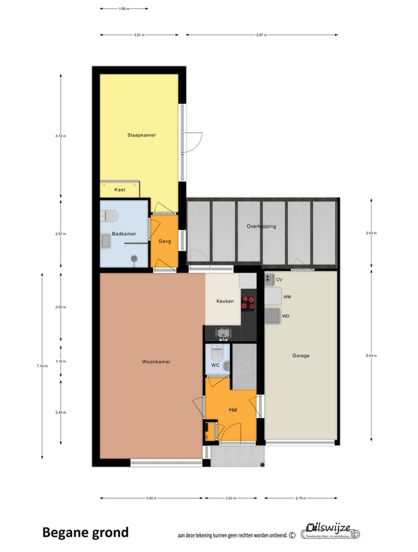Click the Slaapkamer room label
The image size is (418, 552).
(142, 135)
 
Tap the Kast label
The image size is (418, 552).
(120, 190)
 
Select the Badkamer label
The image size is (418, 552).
(124, 234)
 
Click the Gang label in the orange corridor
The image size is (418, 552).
(164, 241)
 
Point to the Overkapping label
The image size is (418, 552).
(261, 226)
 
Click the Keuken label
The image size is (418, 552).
(225, 302)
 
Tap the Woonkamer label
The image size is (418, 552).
(156, 361)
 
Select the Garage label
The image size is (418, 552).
(301, 356)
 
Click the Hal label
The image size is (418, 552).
(233, 410)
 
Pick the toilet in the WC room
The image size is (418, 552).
(216, 352)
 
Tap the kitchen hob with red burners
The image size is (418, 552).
(248, 302)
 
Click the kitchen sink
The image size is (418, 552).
(224, 333)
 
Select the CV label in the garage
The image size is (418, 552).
(279, 279)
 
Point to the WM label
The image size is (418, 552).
(287, 297)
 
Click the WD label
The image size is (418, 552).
(286, 317)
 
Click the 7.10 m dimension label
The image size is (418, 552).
(41, 365)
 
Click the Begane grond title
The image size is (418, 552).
(85, 532)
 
